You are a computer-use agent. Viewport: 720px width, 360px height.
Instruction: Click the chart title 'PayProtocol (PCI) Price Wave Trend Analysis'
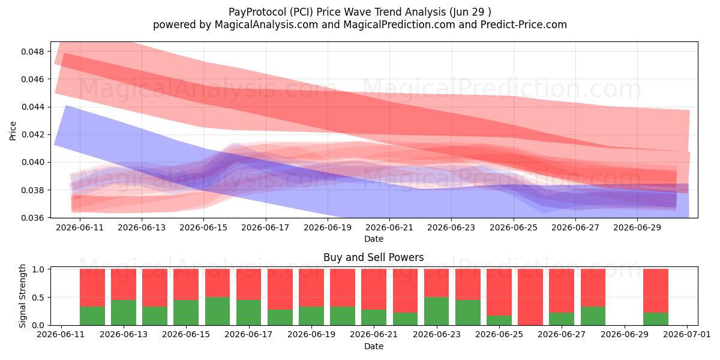(337, 12)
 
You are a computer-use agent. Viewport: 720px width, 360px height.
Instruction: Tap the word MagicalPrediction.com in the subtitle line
(399, 25)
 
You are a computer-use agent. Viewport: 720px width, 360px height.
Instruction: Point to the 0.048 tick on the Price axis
(32, 52)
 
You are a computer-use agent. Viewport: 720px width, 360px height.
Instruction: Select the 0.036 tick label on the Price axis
(32, 218)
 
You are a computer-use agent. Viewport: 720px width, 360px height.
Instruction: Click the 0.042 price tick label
(32, 134)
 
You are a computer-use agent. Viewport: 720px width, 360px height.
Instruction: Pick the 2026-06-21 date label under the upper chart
(389, 227)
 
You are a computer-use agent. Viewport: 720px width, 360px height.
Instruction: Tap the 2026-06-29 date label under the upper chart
(637, 227)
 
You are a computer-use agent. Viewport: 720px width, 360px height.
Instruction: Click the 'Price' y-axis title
(13, 131)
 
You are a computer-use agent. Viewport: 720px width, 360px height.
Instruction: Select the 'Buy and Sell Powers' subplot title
(373, 257)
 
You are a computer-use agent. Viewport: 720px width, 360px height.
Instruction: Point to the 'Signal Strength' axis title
(22, 296)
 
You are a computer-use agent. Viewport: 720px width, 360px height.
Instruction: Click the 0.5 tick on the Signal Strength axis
(38, 298)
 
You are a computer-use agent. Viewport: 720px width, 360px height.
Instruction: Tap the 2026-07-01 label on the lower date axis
(687, 335)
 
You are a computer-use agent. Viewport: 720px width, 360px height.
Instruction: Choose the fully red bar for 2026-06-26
(530, 297)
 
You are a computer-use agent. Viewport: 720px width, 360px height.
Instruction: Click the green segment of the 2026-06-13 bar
(124, 313)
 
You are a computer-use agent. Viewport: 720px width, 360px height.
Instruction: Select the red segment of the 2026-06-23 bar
(437, 283)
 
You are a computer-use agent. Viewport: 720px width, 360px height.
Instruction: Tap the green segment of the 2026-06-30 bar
(656, 319)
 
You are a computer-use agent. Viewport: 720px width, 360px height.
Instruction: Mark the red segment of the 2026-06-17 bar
(249, 284)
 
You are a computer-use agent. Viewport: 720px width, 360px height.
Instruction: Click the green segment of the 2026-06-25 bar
(499, 320)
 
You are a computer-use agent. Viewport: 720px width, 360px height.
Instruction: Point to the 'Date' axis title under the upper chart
(373, 239)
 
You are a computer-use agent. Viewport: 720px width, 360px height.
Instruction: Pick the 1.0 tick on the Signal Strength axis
(38, 269)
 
